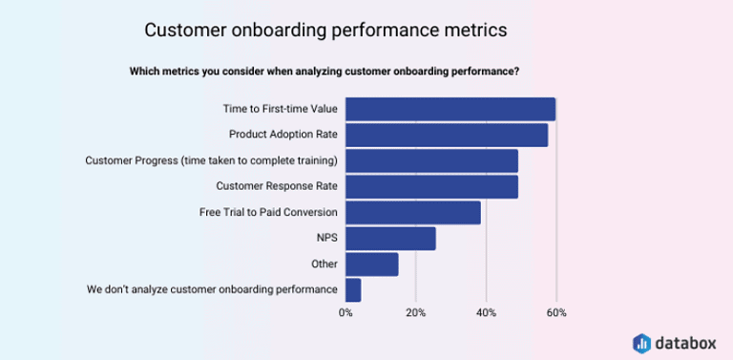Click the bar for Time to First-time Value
pyautogui.click(x=450, y=109)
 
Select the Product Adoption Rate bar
pyautogui.click(x=446, y=135)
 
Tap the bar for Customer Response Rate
pyautogui.click(x=431, y=186)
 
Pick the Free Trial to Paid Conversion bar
pyautogui.click(x=412, y=212)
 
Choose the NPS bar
pyautogui.click(x=390, y=238)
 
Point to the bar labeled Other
pyautogui.click(x=371, y=264)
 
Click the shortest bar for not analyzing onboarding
pyautogui.click(x=353, y=289)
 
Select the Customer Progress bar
pyautogui.click(x=431, y=160)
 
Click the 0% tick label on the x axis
pyautogui.click(x=346, y=313)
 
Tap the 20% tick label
pyautogui.click(x=416, y=313)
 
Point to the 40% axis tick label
pyautogui.click(x=487, y=313)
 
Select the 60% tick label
pyautogui.click(x=556, y=313)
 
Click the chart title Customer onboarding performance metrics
pyautogui.click(x=325, y=30)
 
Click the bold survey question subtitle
pyautogui.click(x=325, y=71)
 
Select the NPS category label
pyautogui.click(x=326, y=238)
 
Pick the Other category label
pyautogui.click(x=324, y=264)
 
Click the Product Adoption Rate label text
pyautogui.click(x=283, y=135)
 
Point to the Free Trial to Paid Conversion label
pyautogui.click(x=268, y=212)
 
